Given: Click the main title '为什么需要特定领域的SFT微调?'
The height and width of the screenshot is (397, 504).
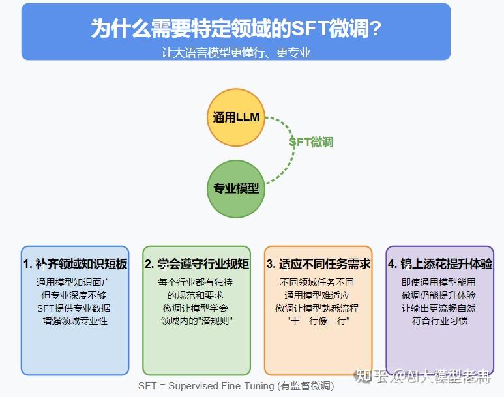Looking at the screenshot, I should click(236, 29).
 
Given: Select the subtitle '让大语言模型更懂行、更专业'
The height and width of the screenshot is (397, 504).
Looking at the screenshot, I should click(236, 52).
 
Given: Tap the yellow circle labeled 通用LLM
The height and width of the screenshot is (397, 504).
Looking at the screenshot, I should click(236, 118).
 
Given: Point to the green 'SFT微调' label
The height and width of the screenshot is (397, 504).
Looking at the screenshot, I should click(311, 142).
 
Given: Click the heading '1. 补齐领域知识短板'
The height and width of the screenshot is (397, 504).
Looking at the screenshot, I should click(75, 264).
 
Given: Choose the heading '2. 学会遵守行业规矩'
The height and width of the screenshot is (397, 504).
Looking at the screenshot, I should click(197, 264).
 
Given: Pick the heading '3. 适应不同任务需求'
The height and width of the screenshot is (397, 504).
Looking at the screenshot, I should click(318, 264).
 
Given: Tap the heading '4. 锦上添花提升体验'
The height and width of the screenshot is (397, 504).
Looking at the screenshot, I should click(440, 264).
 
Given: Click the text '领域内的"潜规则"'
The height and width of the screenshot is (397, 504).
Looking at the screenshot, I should click(197, 321).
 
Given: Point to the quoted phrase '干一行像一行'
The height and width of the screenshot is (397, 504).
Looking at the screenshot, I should click(318, 321).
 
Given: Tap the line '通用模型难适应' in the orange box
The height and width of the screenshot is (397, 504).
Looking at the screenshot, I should click(318, 295).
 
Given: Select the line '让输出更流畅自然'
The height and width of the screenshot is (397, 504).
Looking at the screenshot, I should click(440, 308).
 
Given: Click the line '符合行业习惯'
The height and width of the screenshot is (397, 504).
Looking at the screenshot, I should click(440, 321).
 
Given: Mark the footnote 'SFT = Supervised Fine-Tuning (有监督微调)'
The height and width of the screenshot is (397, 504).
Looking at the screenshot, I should click(236, 385).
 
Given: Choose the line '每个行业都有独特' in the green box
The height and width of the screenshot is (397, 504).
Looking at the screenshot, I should click(197, 282).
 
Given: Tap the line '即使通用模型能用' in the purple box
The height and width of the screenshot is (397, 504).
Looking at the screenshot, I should click(440, 282).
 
